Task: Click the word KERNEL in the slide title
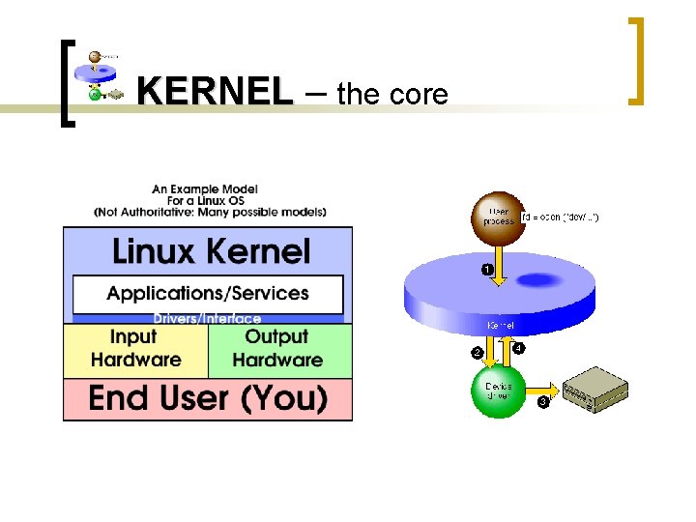tap(214, 92)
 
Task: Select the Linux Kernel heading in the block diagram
tap(211, 252)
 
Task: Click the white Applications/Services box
tap(208, 293)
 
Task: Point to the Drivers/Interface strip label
tap(207, 319)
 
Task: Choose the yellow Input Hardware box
tap(135, 349)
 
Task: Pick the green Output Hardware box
tap(278, 349)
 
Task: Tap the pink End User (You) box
tap(208, 398)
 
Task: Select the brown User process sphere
tap(497, 217)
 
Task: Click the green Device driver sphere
tap(498, 391)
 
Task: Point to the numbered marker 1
tap(487, 268)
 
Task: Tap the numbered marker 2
tap(476, 352)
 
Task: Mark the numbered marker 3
tap(543, 401)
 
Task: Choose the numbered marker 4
tap(519, 348)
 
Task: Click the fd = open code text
tap(561, 217)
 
